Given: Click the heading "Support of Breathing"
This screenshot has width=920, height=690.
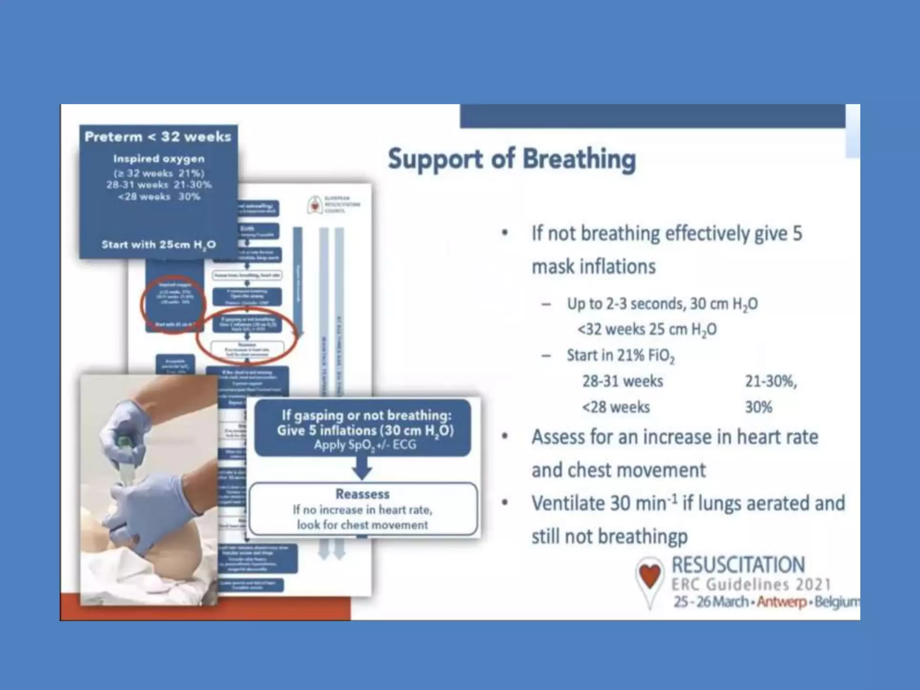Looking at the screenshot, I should point(512,159).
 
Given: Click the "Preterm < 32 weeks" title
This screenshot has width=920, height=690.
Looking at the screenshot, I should point(158,137).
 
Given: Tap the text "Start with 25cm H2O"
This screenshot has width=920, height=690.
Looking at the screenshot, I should point(159,245).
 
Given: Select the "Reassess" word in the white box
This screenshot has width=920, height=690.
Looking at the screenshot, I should point(363,494).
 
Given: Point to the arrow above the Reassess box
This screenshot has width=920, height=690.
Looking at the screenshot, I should point(362,469).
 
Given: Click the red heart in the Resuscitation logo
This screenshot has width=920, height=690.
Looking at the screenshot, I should point(650,575).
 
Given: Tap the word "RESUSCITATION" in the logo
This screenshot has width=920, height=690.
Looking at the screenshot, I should point(738,565).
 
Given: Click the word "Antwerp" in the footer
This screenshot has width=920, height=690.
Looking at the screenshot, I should point(782,602).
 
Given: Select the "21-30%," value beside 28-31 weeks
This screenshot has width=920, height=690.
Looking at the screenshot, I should point(771,381).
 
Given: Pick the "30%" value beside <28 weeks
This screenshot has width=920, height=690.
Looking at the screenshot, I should point(758,407).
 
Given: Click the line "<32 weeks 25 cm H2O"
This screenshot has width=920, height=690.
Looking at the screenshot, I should point(647,330).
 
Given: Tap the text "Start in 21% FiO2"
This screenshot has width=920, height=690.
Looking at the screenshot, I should point(620,356).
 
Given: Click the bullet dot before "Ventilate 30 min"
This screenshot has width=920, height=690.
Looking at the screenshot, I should point(505,503).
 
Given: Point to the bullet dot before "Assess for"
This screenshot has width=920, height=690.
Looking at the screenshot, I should point(505,437).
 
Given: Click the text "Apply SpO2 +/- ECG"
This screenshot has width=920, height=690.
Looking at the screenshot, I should point(365,445).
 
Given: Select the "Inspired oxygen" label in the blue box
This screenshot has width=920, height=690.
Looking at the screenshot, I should point(159,159).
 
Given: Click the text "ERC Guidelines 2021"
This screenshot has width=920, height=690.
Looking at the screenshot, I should point(751,584).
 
